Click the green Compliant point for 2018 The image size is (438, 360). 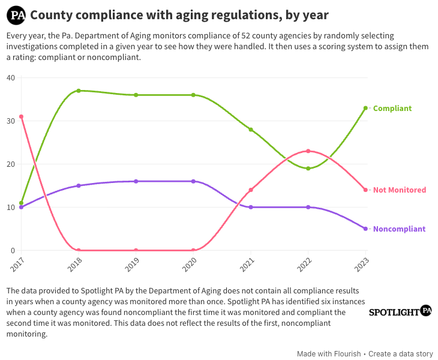[79, 91]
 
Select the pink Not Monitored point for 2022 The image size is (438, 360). [308, 151]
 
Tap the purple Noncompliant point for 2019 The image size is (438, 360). [136, 181]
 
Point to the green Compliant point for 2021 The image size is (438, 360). [251, 130]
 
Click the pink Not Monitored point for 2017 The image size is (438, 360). [21, 117]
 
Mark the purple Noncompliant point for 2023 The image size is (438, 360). [365, 229]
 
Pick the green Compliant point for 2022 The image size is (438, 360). [308, 169]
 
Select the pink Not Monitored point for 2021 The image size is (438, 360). [251, 190]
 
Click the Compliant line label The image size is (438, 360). [392, 109]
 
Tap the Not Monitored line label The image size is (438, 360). [400, 190]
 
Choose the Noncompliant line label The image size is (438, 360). [399, 229]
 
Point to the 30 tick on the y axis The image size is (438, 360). [11, 121]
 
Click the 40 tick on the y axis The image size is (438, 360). [11, 77]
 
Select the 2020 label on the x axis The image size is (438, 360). [190, 265]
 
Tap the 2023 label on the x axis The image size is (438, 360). [361, 265]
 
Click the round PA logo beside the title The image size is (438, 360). [16, 16]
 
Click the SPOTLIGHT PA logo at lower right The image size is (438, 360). [400, 311]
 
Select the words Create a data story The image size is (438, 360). [401, 354]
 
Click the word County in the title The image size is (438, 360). [52, 15]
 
